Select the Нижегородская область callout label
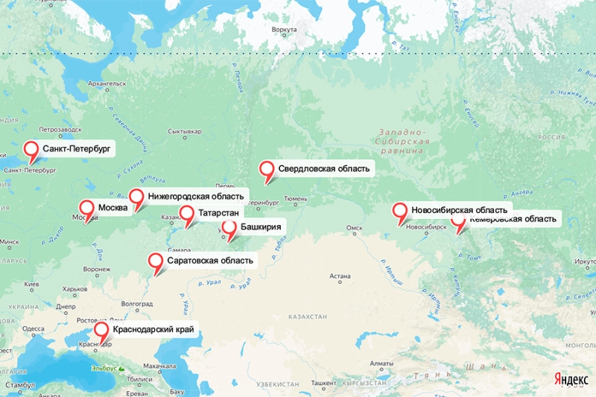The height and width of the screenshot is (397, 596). pyautogui.click(x=195, y=197)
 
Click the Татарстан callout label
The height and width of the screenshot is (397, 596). pyautogui.click(x=218, y=214)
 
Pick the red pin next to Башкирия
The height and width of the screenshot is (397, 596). pyautogui.click(x=229, y=228)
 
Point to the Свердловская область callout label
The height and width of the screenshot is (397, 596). pyautogui.click(x=323, y=168)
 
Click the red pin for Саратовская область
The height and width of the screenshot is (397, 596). pyautogui.click(x=156, y=261)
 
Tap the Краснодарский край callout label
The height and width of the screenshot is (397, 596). pyautogui.click(x=156, y=329)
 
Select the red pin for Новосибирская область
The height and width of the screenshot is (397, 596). pyautogui.click(x=400, y=212)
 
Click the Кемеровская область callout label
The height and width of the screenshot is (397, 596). pyautogui.click(x=513, y=219)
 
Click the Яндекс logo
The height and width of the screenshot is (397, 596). pyautogui.click(x=571, y=378)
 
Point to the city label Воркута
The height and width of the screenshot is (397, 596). pyautogui.click(x=285, y=30)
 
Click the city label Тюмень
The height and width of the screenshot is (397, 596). pyautogui.click(x=295, y=199)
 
